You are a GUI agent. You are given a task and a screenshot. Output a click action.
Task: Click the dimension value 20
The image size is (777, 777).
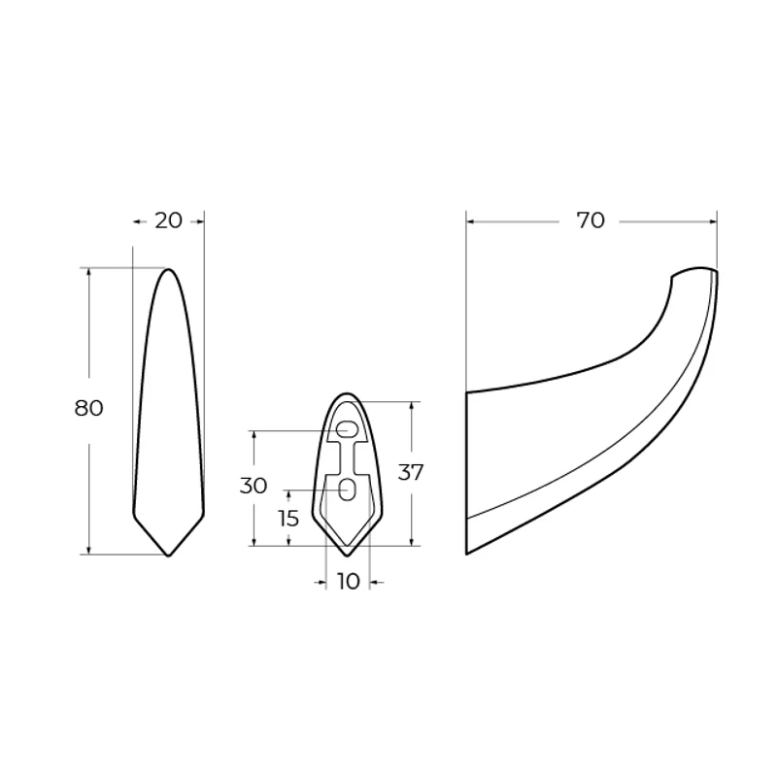point(168,220)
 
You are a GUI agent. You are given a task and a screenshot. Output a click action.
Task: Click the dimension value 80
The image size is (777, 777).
point(88,408)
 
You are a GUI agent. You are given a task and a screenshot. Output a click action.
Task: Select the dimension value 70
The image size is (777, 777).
point(591,220)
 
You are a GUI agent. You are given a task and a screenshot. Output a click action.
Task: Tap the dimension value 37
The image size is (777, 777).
point(411,473)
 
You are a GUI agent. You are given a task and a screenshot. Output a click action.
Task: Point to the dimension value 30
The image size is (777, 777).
point(253,487)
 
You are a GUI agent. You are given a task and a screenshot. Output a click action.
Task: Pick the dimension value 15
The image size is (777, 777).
point(288,519)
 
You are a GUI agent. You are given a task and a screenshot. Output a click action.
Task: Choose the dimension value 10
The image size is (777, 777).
point(348,582)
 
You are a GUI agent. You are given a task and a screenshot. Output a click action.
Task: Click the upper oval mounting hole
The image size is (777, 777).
point(347,429)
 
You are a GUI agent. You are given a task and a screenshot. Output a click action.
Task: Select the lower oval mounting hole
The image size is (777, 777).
point(348,490)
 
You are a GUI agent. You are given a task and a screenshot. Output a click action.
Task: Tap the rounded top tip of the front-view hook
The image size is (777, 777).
point(168,269)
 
